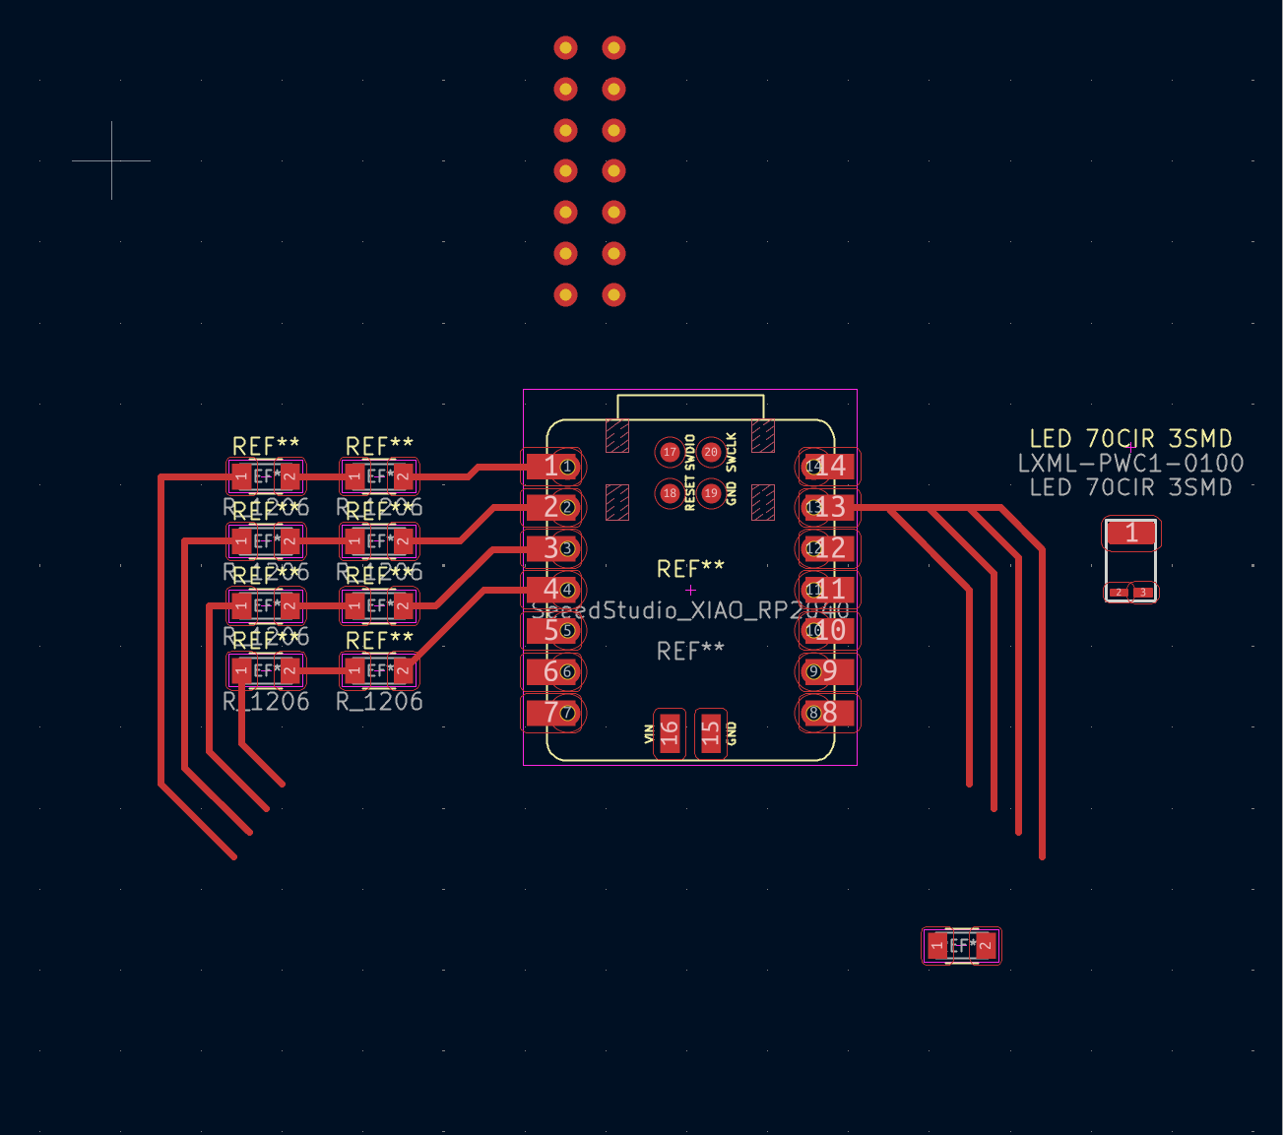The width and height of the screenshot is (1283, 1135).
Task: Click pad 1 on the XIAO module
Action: [x=552, y=466]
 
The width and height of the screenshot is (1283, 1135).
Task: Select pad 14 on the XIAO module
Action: [x=828, y=466]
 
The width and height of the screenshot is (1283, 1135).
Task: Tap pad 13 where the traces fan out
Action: [x=828, y=507]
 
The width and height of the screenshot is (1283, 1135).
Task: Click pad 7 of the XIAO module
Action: [x=552, y=712]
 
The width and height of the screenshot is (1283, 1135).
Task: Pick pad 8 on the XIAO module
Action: [x=828, y=712]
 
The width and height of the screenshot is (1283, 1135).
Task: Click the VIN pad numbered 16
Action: [x=671, y=732]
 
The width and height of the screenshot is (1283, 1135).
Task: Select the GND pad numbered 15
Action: [x=710, y=732]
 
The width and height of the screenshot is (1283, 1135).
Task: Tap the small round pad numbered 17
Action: [x=670, y=452]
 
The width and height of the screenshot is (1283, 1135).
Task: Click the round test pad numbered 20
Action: [x=711, y=452]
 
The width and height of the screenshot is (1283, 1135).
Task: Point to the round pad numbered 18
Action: [x=670, y=493]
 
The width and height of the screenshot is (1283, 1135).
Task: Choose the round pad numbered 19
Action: [x=711, y=493]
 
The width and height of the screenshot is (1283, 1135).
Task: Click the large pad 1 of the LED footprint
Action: [x=1131, y=533]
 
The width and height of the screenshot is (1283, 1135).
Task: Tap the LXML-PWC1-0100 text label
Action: [x=1130, y=463]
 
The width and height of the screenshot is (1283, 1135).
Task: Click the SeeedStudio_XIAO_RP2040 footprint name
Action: [x=689, y=611]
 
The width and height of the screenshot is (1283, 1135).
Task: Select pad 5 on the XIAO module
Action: [x=552, y=630]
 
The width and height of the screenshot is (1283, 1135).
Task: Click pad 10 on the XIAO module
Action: [x=828, y=630]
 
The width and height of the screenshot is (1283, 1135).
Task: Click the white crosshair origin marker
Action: [x=111, y=159]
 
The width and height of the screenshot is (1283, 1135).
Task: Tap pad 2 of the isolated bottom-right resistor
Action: [x=985, y=947]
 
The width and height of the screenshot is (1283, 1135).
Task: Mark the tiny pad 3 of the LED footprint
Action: [x=1143, y=593]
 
